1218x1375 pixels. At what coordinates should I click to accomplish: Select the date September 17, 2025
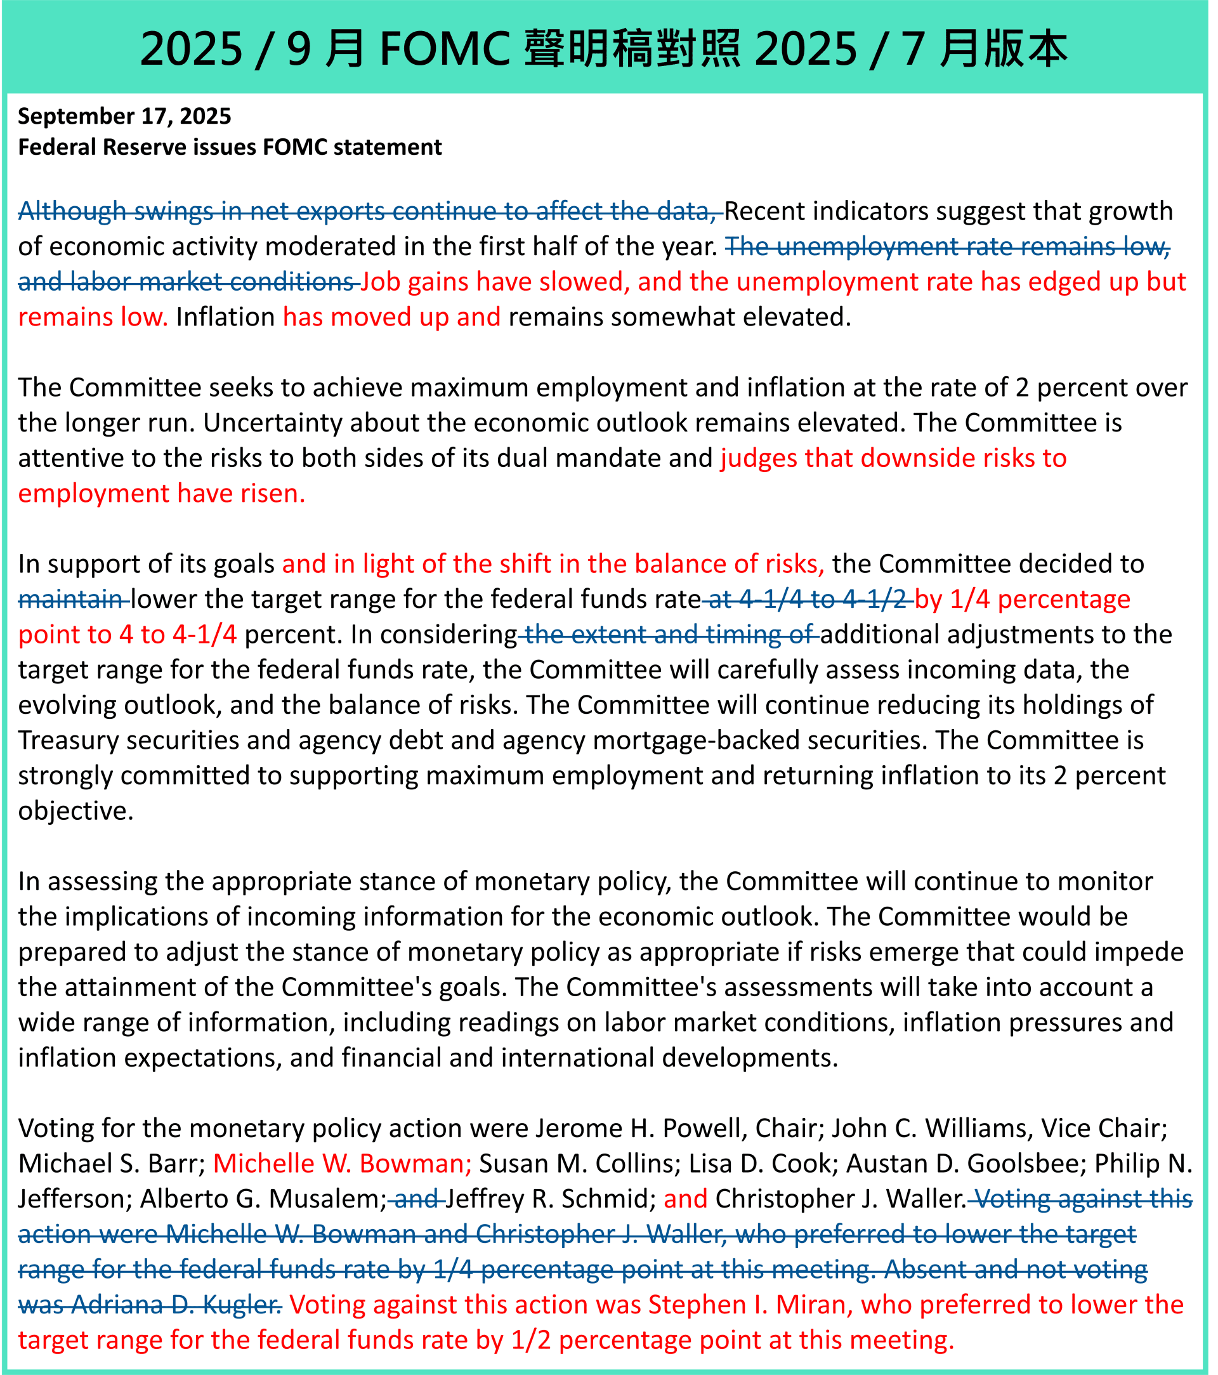tap(124, 116)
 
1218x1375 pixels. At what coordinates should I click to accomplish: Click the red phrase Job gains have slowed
tap(495, 282)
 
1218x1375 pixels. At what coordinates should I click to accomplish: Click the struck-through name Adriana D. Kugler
tap(176, 1305)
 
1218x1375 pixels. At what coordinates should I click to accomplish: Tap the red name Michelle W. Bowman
tap(343, 1163)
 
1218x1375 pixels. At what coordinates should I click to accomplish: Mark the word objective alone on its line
tap(75, 811)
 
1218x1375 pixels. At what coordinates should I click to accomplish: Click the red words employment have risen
tap(161, 494)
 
